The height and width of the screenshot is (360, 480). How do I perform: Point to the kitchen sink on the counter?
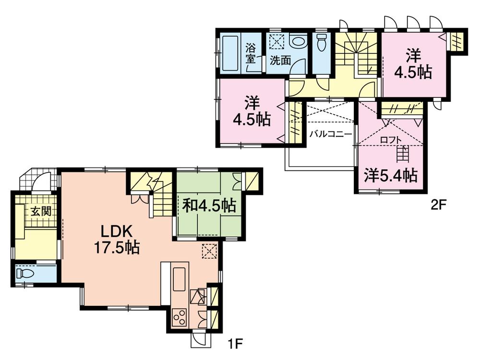point(179,278)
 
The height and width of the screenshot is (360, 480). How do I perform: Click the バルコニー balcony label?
point(331,134)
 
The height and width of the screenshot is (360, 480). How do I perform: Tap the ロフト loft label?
point(389,140)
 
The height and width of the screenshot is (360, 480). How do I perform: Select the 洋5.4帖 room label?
point(390,176)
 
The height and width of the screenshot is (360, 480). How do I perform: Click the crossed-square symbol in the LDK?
point(209,251)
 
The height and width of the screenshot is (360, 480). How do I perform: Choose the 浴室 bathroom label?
point(251,53)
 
